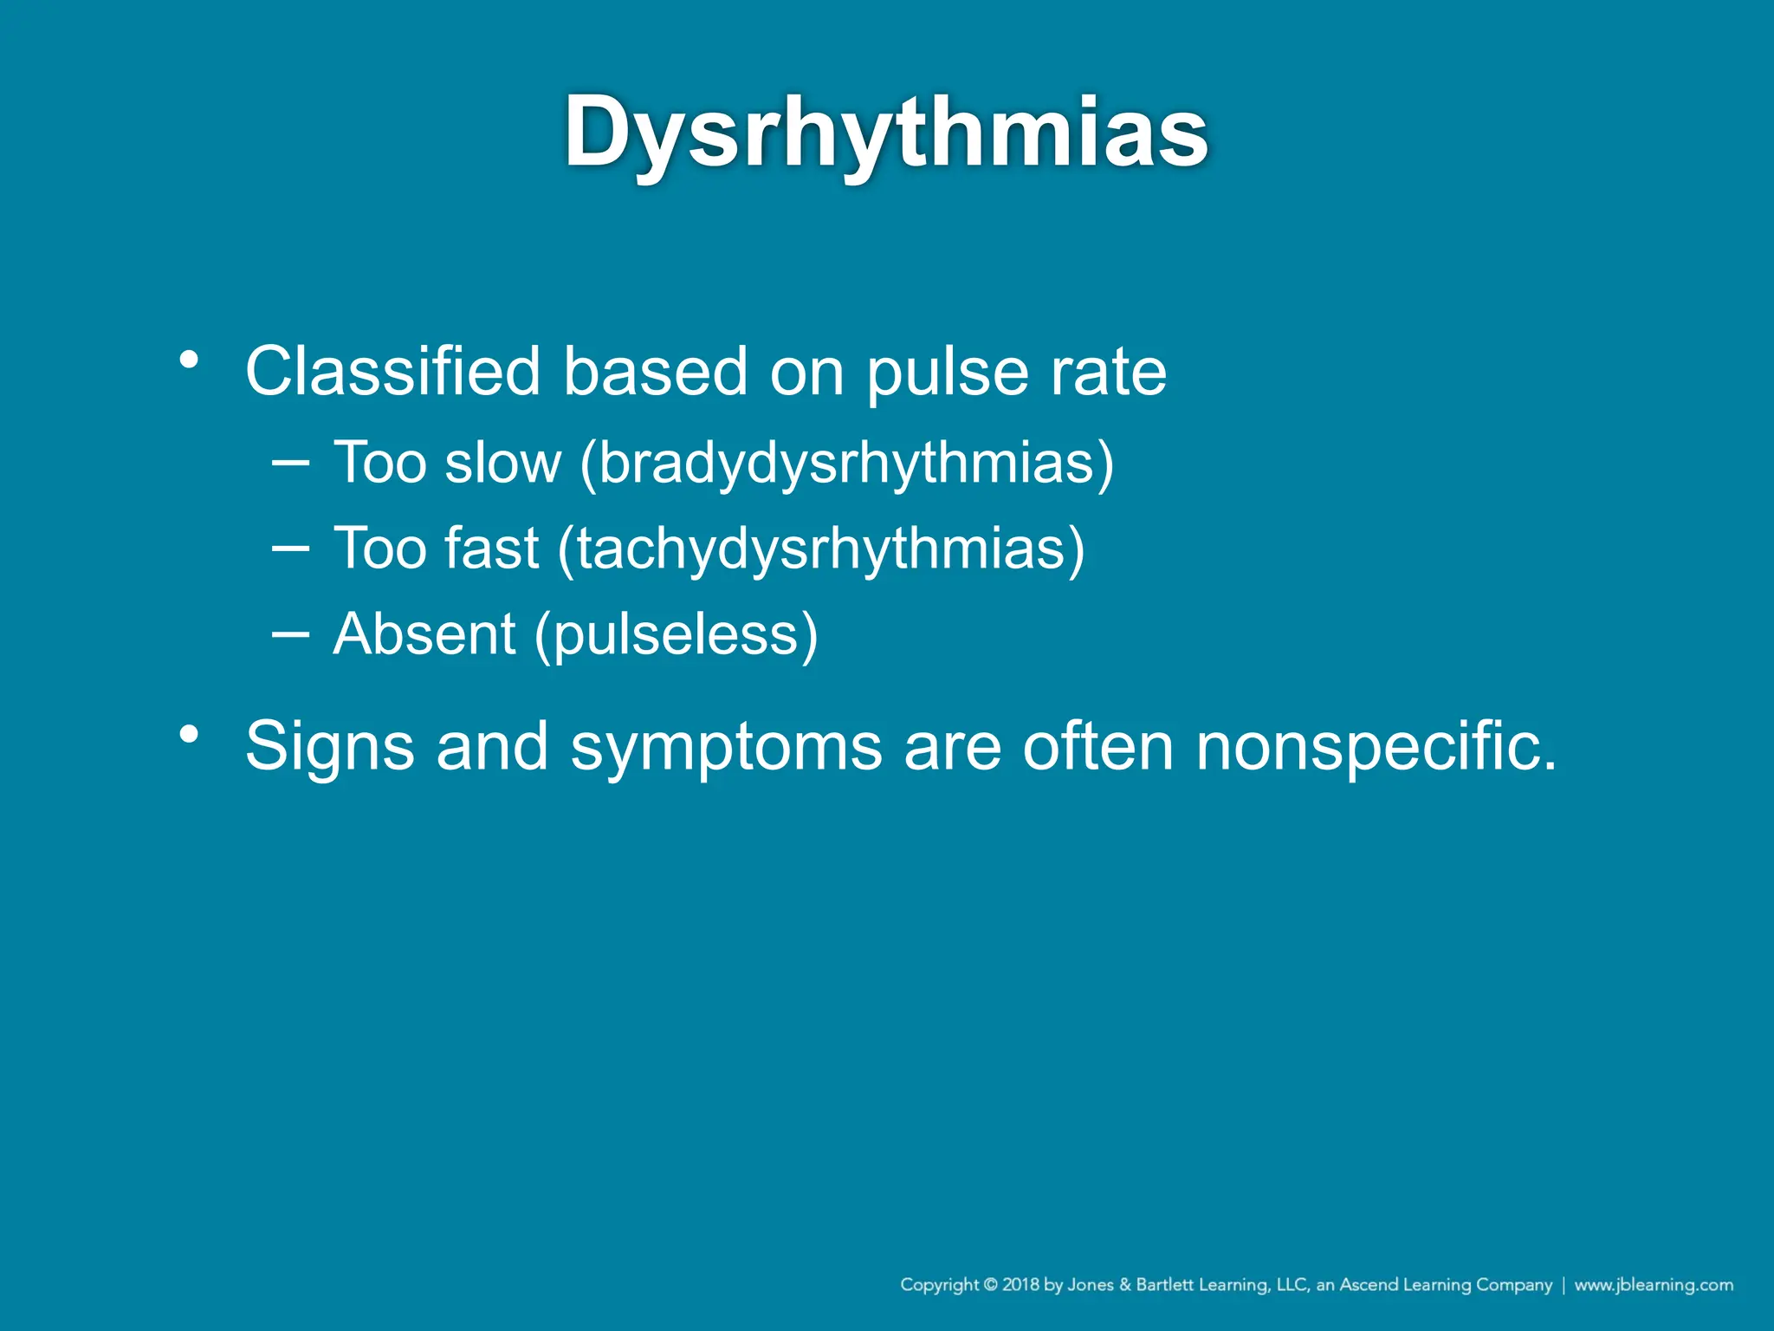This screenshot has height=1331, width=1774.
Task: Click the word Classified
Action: pos(392,372)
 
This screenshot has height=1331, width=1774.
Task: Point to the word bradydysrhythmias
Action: pos(846,464)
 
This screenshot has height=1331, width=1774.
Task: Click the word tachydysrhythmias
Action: pos(821,549)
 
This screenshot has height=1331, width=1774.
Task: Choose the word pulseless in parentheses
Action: pos(676,635)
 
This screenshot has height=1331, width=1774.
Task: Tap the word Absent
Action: pos(424,633)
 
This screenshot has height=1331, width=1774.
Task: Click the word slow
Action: pos(502,463)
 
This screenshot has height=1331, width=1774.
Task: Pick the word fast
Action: pos(491,549)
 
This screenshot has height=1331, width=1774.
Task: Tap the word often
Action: pos(1097,745)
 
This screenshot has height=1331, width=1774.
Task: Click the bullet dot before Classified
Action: pos(190,359)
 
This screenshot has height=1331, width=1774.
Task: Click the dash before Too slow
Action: pos(290,463)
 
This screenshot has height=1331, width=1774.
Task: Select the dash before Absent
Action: pos(290,634)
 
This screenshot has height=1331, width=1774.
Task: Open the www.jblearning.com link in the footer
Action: pos(1654,1285)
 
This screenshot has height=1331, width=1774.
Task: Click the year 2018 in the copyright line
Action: pos(1021,1285)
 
